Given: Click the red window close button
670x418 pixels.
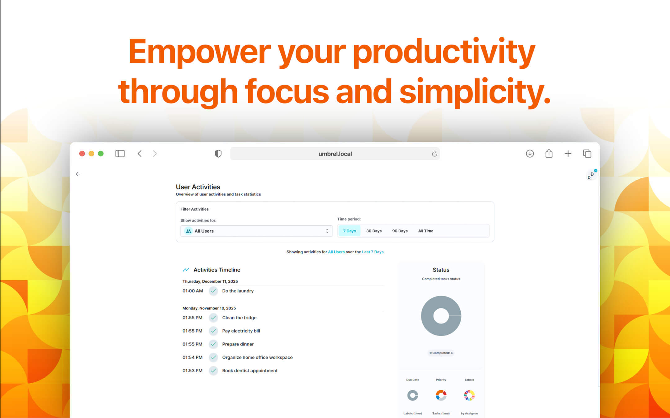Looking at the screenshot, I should tap(82, 154).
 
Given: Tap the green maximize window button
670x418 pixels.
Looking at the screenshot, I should tap(101, 154).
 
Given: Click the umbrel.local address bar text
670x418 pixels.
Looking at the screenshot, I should tap(335, 154).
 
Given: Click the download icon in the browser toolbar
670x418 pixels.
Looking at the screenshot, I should tap(530, 154).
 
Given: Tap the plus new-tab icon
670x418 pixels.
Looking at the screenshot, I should tap(568, 154).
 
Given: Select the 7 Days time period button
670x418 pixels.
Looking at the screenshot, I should tap(349, 231).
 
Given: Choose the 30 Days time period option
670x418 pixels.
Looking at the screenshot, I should tap(374, 231).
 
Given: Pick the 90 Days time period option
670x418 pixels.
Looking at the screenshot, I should tap(400, 231).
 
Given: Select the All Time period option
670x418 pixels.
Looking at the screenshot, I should tap(426, 231).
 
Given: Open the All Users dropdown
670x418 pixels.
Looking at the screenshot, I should tap(257, 231).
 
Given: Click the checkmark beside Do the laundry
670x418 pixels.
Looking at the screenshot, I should tap(213, 291).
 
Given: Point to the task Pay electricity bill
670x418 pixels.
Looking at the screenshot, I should tap(241, 331).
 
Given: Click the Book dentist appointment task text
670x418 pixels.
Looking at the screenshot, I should tap(250, 371).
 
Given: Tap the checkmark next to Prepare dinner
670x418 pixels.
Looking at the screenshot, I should tap(213, 344).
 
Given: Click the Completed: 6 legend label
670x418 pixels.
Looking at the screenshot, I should tap(441, 353).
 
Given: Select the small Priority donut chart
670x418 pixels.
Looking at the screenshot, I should tap(441, 395).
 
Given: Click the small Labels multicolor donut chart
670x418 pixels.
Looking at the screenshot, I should tap(469, 395).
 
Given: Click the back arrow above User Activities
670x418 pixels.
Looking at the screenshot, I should tap(78, 174).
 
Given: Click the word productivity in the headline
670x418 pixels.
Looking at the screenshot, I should tap(444, 52).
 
